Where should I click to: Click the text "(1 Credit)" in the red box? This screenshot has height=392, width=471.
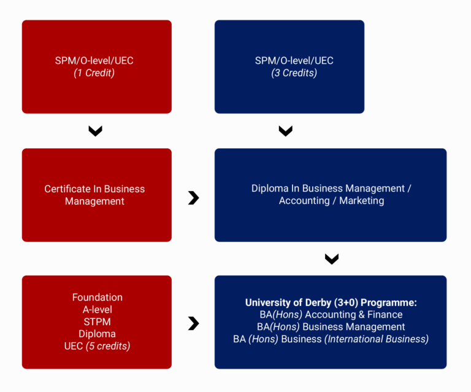94,73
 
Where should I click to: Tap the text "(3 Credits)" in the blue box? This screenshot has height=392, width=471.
294,73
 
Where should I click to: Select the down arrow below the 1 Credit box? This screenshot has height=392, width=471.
96,131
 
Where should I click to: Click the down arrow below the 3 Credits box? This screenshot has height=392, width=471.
286,131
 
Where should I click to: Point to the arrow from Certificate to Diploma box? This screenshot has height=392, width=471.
194,198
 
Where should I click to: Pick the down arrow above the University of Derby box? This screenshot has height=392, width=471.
332,259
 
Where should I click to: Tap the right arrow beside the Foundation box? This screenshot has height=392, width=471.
194,323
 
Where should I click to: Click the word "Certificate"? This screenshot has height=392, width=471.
68,189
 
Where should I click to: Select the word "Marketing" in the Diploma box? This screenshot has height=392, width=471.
362,201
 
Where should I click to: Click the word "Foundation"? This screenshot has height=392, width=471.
98,297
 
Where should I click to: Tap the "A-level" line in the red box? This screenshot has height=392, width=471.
98,310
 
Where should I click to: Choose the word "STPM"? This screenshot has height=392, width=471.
98,322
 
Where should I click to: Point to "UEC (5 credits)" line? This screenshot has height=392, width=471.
98,347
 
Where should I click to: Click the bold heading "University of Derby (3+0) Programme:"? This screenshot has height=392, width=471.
331,303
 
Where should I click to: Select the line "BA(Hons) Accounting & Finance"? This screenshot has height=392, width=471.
331,315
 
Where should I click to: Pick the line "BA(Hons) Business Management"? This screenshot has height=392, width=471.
331,327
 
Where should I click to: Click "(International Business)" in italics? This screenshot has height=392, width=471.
377,339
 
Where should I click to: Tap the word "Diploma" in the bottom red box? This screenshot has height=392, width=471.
98,334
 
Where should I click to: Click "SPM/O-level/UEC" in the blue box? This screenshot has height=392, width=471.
294,61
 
